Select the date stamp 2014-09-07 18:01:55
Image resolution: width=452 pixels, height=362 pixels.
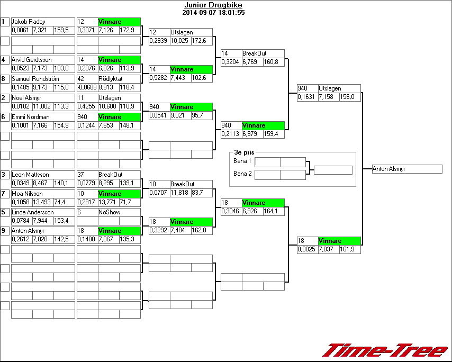click(x=213, y=12)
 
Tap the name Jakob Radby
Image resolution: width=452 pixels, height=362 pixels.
click(x=29, y=22)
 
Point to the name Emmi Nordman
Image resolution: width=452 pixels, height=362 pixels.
click(x=31, y=117)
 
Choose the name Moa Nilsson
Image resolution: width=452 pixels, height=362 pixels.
click(x=28, y=194)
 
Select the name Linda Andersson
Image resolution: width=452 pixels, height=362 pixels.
click(x=33, y=212)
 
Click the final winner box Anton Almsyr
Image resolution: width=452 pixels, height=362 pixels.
click(x=406, y=169)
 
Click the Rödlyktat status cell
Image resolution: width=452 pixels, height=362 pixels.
click(x=111, y=79)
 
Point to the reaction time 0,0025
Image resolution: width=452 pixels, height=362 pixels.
click(x=306, y=249)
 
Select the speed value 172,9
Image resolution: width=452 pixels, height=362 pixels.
click(x=129, y=30)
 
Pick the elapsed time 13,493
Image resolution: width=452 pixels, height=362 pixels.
click(x=42, y=202)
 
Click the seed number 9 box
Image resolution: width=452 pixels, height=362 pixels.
click(x=5, y=231)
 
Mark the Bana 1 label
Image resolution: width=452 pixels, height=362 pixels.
click(x=242, y=161)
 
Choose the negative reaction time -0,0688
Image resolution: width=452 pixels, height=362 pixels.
click(x=87, y=87)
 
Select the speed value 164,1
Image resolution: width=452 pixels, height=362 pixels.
click(x=274, y=211)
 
